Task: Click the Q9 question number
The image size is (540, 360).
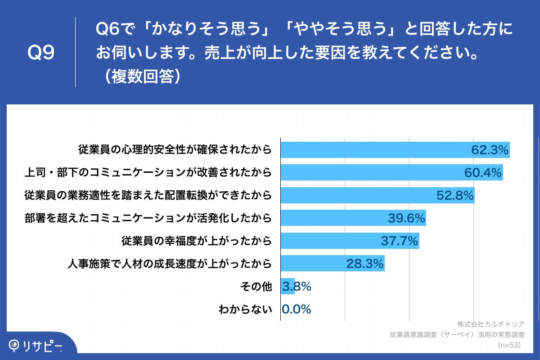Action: point(41,53)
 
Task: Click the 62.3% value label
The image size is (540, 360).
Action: point(490,150)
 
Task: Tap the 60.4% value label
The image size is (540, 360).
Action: point(483,173)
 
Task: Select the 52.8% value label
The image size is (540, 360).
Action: point(455,195)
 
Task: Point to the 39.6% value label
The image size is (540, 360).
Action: point(406,218)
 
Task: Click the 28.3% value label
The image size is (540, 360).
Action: point(364,264)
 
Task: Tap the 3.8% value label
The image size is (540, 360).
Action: point(296,287)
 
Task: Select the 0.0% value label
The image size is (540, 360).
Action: point(296,310)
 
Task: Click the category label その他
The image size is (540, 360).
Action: point(257,287)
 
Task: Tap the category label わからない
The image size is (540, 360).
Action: point(245,310)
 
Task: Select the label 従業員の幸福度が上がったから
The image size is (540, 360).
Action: point(197,241)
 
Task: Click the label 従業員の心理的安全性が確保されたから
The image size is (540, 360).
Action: point(175,150)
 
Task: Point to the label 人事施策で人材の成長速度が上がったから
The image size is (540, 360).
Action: point(169,264)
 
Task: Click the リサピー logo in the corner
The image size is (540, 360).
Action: point(36,346)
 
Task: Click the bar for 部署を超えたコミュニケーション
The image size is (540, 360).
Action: point(333,218)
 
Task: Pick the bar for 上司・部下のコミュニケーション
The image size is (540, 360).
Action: point(369,173)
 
